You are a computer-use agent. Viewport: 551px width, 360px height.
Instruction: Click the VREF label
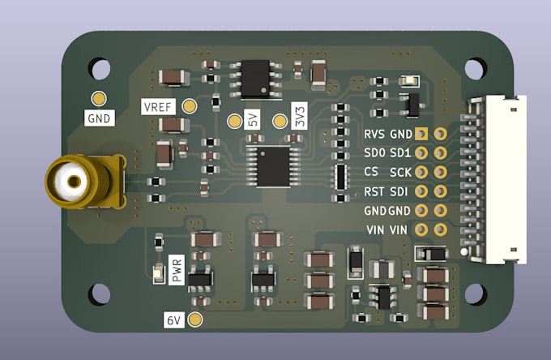coord(157,107)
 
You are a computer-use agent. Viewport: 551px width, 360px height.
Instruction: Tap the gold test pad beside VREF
coord(190,106)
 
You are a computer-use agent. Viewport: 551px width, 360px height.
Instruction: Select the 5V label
coord(252,122)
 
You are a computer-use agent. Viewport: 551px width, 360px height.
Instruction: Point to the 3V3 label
coord(300,122)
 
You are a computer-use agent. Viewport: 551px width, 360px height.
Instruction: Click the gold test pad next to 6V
coord(194,319)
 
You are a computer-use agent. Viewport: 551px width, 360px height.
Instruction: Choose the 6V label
coord(173,319)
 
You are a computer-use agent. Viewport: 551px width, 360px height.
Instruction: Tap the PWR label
coord(177,269)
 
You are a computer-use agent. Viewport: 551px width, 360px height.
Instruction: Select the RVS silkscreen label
coord(374,134)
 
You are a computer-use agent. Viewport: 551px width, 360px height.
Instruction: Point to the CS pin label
coord(371,172)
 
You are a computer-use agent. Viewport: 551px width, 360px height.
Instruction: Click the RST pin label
coord(374,191)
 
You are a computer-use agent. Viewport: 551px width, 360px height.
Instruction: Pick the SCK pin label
coord(401,172)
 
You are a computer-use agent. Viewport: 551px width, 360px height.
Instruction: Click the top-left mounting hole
coord(100,68)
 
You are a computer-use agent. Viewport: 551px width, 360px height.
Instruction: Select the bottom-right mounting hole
coord(475,293)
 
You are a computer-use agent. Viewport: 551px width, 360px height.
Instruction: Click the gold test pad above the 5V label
coord(233,122)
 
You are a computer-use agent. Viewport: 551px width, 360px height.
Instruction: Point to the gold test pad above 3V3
coord(281,122)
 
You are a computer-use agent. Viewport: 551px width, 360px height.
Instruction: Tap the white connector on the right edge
coord(497,180)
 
